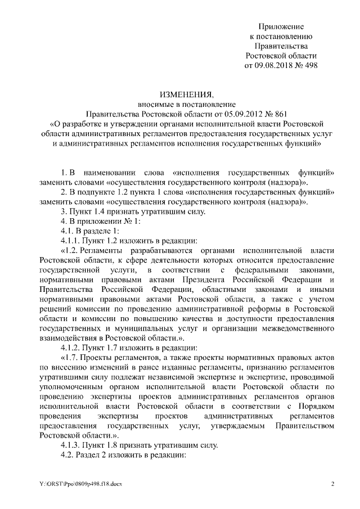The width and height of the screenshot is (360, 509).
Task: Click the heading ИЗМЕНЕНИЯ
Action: click(x=180, y=94)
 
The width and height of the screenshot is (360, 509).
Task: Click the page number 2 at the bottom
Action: click(x=333, y=484)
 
